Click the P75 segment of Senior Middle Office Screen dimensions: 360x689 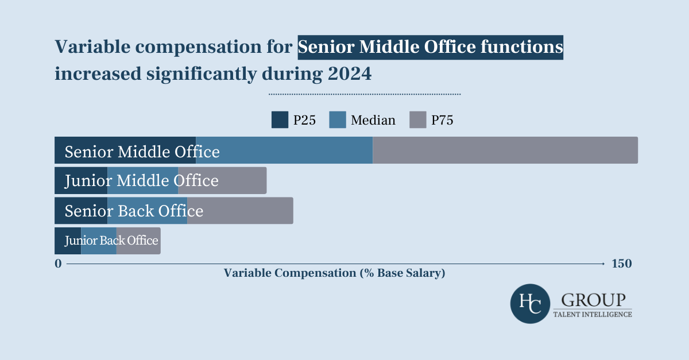coord(505,150)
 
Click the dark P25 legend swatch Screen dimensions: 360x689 coord(280,120)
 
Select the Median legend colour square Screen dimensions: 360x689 coord(337,120)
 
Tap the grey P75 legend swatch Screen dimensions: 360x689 coord(417,120)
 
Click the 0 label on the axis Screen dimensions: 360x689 coord(58,264)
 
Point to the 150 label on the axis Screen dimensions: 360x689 coord(622,264)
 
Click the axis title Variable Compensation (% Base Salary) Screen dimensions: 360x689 coord(334,273)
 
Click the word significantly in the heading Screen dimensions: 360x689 coord(204,74)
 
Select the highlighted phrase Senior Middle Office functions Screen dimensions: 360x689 coord(430,47)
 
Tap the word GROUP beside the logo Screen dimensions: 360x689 coord(593,300)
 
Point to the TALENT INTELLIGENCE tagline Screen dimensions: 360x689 coord(593,314)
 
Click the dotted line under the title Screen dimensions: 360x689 coord(365,94)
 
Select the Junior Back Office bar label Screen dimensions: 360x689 coord(111,241)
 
